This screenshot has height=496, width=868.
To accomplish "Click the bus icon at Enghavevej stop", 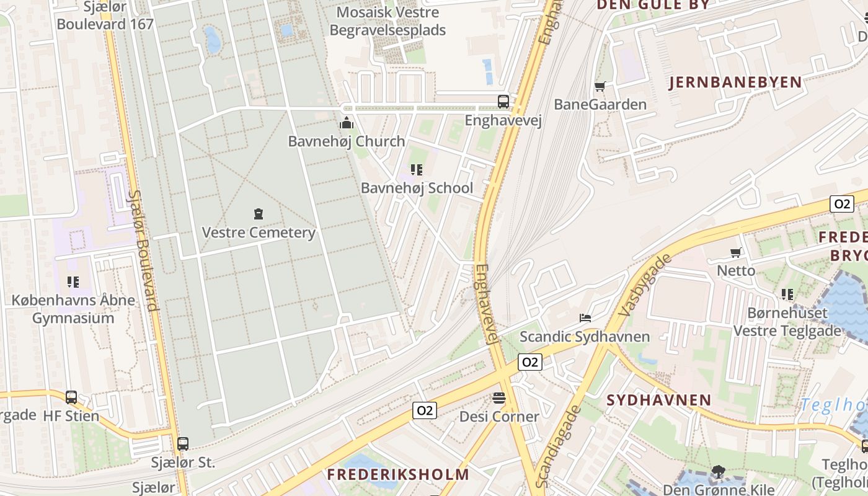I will (503, 101).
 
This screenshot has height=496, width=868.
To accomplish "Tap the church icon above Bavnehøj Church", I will (347, 123).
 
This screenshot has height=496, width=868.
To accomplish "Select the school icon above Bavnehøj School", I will (417, 169).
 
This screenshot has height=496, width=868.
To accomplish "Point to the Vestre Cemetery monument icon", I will (259, 215).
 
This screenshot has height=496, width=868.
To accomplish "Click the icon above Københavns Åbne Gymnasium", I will (73, 282).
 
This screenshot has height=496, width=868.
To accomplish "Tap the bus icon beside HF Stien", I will (71, 397).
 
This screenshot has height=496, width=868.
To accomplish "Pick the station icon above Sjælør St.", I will (182, 444).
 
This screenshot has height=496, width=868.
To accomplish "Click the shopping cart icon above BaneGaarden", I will (600, 86).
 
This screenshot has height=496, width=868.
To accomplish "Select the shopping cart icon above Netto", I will (736, 252).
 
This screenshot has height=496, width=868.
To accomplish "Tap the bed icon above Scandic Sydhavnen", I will (585, 318).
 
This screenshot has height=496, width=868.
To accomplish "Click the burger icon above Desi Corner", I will (499, 397).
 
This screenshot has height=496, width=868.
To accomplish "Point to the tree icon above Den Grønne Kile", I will (719, 472).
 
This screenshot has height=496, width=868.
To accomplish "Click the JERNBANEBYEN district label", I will (735, 82).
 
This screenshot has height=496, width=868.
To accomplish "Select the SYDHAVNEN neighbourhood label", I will (658, 400).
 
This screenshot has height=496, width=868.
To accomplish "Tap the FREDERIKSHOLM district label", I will (398, 475).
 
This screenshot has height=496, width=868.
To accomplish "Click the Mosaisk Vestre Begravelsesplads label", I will (387, 21).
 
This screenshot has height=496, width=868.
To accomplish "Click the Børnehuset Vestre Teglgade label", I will (787, 322).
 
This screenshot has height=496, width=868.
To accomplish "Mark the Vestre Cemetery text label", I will (259, 233).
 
